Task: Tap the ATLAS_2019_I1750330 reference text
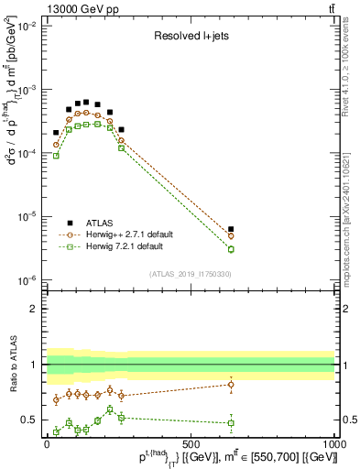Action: [190, 273]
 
